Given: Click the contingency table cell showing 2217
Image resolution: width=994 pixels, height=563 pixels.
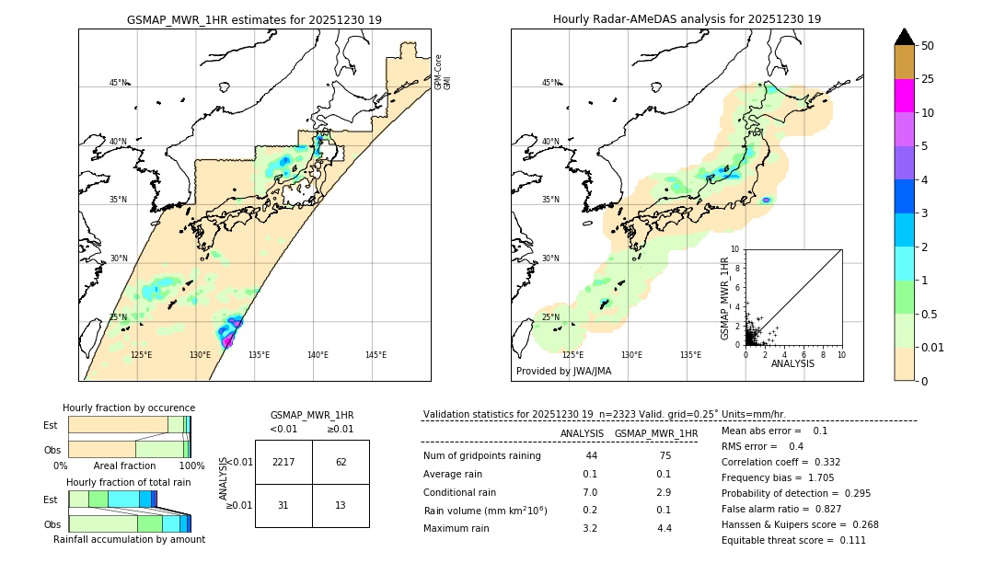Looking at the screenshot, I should pyautogui.click(x=283, y=462).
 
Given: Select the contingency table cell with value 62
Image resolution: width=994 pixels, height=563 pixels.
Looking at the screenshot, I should pyautogui.click(x=341, y=462).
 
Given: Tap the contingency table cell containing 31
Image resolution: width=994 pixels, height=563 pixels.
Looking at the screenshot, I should pyautogui.click(x=283, y=506).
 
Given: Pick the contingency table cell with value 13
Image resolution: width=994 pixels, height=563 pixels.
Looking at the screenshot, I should pyautogui.click(x=341, y=506).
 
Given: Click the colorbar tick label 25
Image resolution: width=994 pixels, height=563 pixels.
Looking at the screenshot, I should pyautogui.click(x=928, y=79).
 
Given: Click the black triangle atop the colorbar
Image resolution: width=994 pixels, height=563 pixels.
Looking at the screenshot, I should pyautogui.click(x=905, y=37).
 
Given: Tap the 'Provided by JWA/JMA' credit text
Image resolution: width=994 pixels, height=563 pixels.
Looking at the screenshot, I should pyautogui.click(x=563, y=372).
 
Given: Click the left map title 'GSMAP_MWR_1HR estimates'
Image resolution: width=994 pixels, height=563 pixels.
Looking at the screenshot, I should pyautogui.click(x=254, y=19).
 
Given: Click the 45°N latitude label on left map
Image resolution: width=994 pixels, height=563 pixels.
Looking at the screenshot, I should pyautogui.click(x=119, y=83).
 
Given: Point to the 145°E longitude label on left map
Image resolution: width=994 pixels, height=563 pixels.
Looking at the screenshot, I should pyautogui.click(x=376, y=355).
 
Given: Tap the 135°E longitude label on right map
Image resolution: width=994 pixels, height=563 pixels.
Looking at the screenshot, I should pyautogui.click(x=690, y=355).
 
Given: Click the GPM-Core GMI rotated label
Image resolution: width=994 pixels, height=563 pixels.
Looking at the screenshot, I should pyautogui.click(x=443, y=71).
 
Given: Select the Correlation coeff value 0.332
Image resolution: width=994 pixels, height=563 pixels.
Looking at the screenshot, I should pyautogui.click(x=821, y=462).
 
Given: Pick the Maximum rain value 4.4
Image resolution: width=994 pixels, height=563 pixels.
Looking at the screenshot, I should pyautogui.click(x=665, y=528).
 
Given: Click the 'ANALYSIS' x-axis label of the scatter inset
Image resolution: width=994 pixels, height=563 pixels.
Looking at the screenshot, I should pyautogui.click(x=792, y=364).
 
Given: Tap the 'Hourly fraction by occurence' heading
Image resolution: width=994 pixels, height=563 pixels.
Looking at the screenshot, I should pyautogui.click(x=129, y=408).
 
